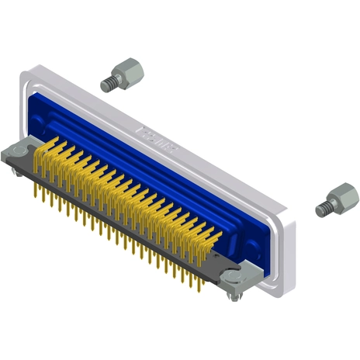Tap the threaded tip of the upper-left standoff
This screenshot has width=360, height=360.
[107, 81]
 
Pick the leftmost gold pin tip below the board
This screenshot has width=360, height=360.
[35, 194]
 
